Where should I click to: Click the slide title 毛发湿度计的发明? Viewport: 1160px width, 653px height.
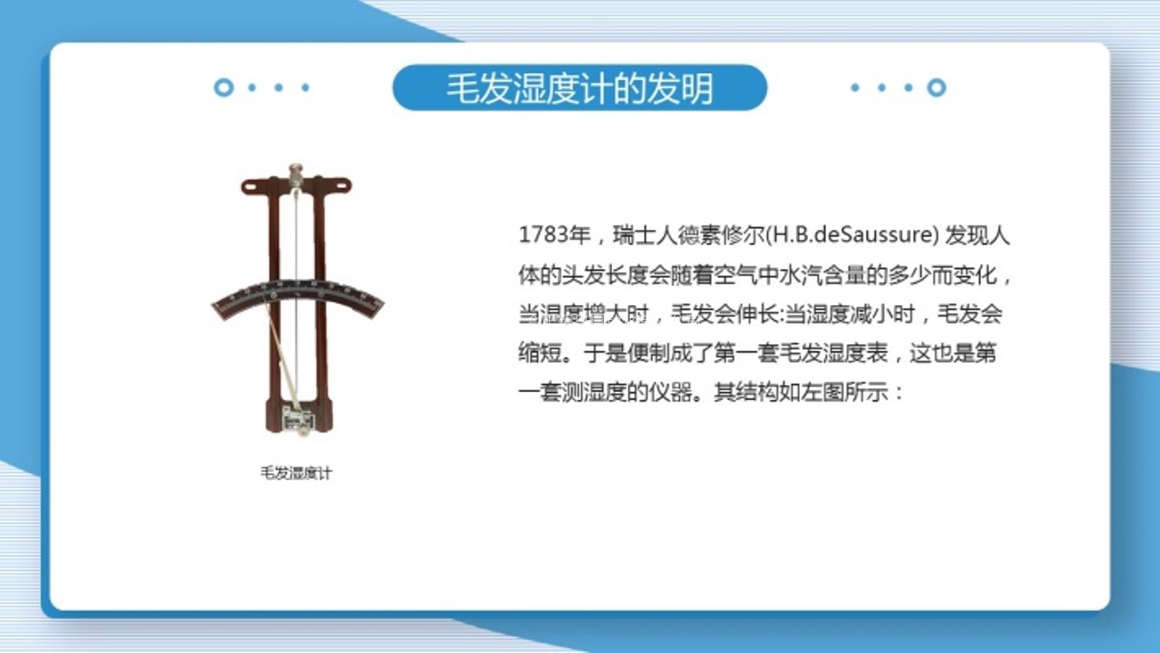tap(580, 88)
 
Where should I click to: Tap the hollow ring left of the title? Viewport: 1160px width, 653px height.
tap(224, 87)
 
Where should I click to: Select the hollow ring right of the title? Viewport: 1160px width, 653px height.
tap(936, 87)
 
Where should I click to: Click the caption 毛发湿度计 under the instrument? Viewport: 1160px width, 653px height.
tap(296, 473)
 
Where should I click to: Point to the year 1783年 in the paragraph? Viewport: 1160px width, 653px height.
tap(555, 235)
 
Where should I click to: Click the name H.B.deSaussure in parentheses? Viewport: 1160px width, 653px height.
tap(852, 235)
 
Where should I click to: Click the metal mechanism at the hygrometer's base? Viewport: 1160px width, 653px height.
tap(298, 420)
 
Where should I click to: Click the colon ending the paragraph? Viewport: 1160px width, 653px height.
tap(898, 394)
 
